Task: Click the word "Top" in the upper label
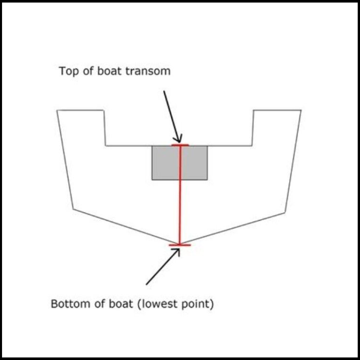click(68, 72)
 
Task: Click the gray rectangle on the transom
click(179, 163)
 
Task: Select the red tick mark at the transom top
click(180, 145)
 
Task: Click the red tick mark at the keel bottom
click(180, 245)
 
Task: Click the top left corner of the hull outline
click(57, 110)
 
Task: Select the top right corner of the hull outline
click(301, 110)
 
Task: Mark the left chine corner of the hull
click(73, 209)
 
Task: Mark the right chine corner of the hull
click(285, 212)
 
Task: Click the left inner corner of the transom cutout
click(106, 146)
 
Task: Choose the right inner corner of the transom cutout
click(252, 146)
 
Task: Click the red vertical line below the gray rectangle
click(180, 212)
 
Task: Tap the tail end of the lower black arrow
click(146, 285)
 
